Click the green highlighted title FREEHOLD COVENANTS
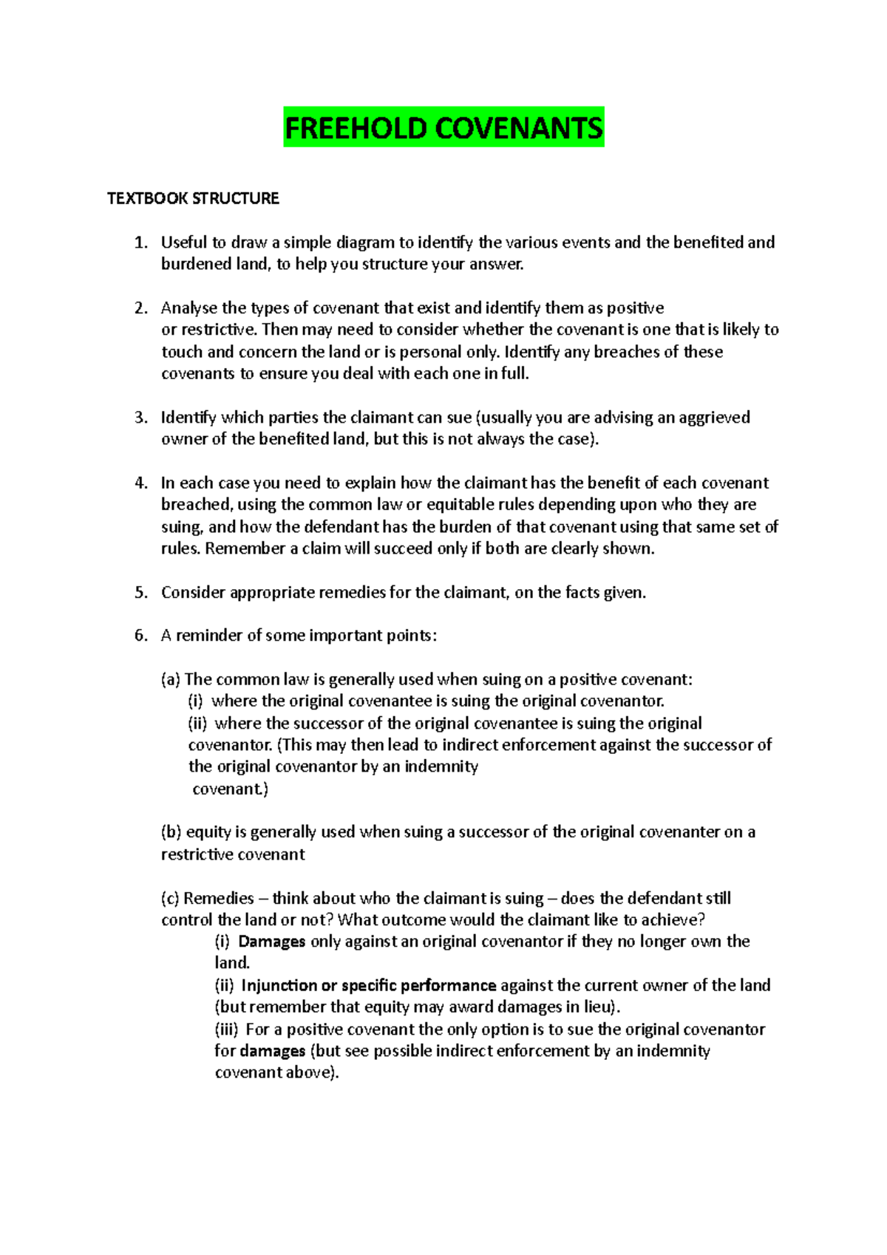(x=443, y=129)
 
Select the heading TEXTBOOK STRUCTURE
(x=193, y=199)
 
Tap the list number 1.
(x=141, y=242)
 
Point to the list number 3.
(x=141, y=418)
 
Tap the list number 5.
(x=141, y=593)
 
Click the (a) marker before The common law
(x=171, y=680)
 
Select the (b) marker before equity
(x=171, y=832)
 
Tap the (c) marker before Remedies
(x=171, y=899)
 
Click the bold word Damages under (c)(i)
(x=271, y=942)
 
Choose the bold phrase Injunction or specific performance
(x=368, y=986)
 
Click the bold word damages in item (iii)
(x=272, y=1051)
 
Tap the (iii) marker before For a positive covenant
(x=227, y=1030)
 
